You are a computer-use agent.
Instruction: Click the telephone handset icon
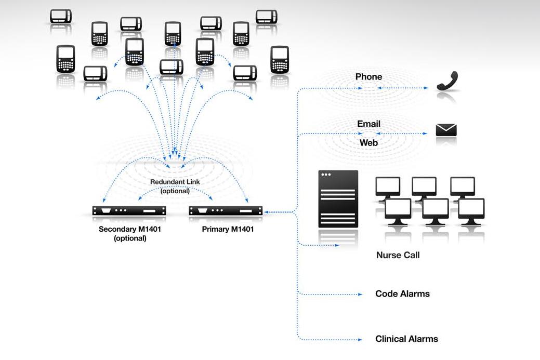click(446, 81)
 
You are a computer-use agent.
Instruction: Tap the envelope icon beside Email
click(446, 130)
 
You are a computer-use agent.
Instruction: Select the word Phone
click(368, 77)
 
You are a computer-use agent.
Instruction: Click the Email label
click(368, 124)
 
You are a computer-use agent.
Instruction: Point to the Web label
click(368, 142)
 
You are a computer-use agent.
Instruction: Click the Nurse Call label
click(398, 255)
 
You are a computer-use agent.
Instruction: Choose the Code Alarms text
click(402, 294)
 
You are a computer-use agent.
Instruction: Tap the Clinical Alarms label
click(406, 339)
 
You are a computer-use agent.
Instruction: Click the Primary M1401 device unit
click(226, 211)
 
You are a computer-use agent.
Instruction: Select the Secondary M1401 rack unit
click(129, 211)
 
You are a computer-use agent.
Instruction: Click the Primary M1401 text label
click(228, 229)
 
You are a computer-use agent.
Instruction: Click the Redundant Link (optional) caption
click(175, 186)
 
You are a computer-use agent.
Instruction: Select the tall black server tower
click(338, 199)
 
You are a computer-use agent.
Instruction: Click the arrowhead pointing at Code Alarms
click(360, 295)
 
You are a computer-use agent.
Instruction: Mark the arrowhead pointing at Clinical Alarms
click(360, 340)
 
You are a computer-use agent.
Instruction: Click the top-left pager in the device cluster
click(61, 17)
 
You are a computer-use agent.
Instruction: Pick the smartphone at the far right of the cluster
click(280, 59)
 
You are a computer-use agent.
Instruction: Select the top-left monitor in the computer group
click(388, 186)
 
